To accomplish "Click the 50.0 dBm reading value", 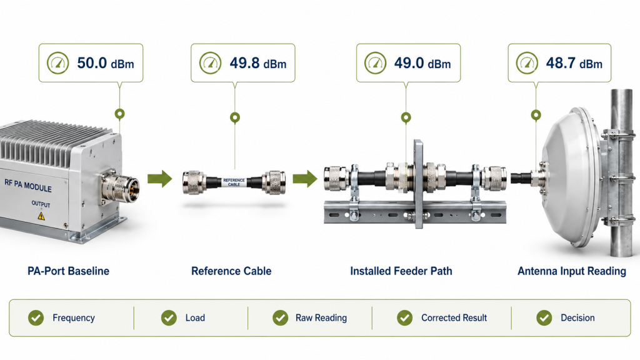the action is click(x=105, y=63).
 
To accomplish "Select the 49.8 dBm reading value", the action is click(x=258, y=63).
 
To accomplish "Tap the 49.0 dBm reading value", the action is click(x=422, y=63).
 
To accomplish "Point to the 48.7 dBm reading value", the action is click(x=574, y=63).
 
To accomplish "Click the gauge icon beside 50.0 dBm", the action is click(x=58, y=63).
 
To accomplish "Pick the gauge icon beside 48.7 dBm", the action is click(x=527, y=63).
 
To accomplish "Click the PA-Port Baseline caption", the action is click(x=69, y=271).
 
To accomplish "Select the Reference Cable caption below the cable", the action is click(x=231, y=271).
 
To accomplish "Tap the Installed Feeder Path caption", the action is click(x=401, y=271).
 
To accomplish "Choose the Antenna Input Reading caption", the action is click(x=572, y=271).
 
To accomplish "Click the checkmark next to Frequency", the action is click(x=36, y=317).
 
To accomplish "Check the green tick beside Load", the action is click(x=169, y=317).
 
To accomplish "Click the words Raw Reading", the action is click(x=321, y=318).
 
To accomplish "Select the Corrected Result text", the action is click(x=454, y=317).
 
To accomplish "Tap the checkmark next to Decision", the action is click(x=544, y=317).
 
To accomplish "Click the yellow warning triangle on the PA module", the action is click(x=41, y=216).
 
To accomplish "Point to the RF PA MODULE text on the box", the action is click(x=28, y=185).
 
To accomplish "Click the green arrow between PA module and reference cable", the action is click(x=159, y=178).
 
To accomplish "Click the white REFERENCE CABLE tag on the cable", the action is click(x=234, y=182).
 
